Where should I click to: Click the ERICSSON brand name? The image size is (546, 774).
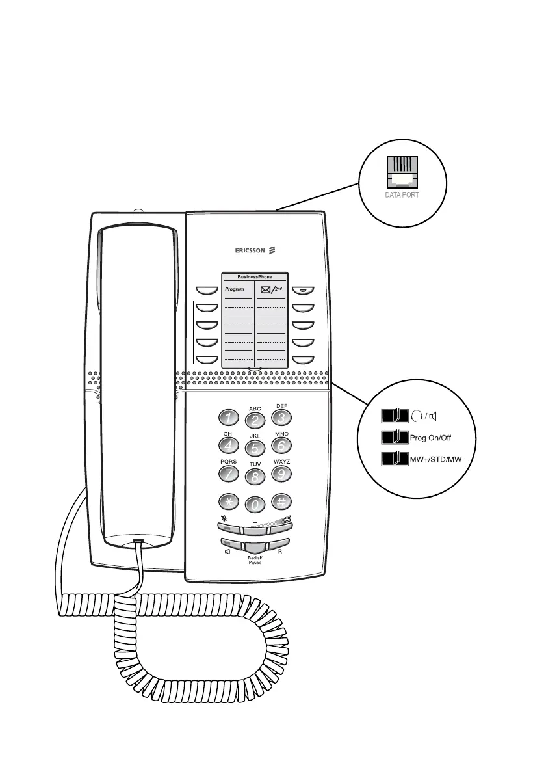pos(250,249)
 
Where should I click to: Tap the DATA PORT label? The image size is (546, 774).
pos(403,194)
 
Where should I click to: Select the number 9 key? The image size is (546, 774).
pos(281,474)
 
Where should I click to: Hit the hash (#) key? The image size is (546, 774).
pos(282,501)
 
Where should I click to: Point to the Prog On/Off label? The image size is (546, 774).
pos(431,437)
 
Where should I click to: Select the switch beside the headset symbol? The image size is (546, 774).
pos(394,415)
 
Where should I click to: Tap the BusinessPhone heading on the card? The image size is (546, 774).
pos(255,277)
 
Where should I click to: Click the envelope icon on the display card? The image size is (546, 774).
pos(265,289)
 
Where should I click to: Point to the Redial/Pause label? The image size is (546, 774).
pos(255,560)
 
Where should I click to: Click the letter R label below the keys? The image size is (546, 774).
pos(279,552)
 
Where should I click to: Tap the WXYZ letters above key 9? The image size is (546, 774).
pos(281,460)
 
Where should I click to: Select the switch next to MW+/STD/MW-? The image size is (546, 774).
pos(394,460)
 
